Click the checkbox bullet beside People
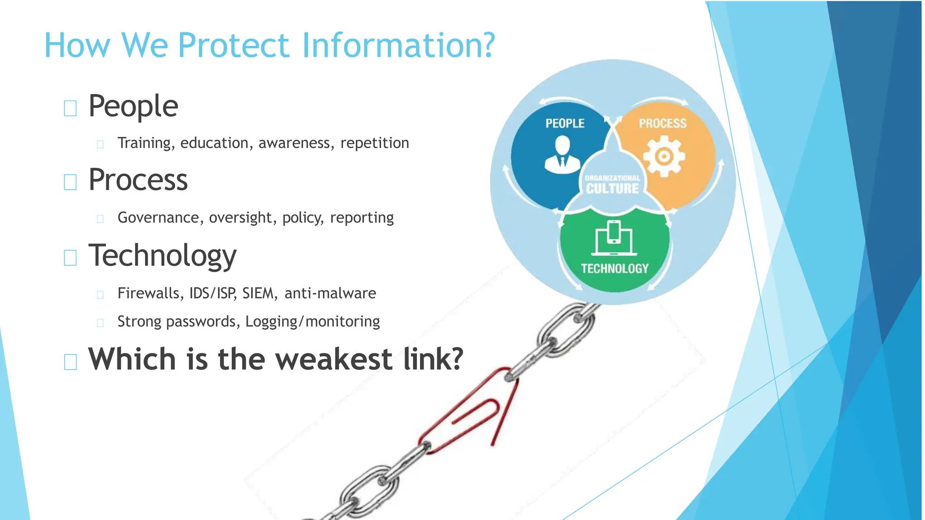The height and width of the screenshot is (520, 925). [x=70, y=108]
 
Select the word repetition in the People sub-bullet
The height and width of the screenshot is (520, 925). [x=374, y=143]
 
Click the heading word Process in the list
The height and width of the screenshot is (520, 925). [x=138, y=180]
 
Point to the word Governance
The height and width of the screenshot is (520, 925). [x=158, y=218]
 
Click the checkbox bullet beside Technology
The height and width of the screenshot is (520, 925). [x=70, y=258]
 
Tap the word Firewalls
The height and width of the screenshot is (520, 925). [x=149, y=293]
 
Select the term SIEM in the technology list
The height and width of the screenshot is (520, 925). [x=258, y=293]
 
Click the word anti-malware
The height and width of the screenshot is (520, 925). [x=330, y=293]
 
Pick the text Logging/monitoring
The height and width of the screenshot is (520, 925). [x=313, y=321]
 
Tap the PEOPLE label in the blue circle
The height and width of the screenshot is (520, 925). [x=565, y=124]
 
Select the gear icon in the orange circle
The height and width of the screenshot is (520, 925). [x=663, y=157]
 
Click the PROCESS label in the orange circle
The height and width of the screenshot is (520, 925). [x=662, y=124]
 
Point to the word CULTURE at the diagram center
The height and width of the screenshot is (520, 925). [x=612, y=189]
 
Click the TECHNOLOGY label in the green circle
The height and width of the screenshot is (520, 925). [x=614, y=269]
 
